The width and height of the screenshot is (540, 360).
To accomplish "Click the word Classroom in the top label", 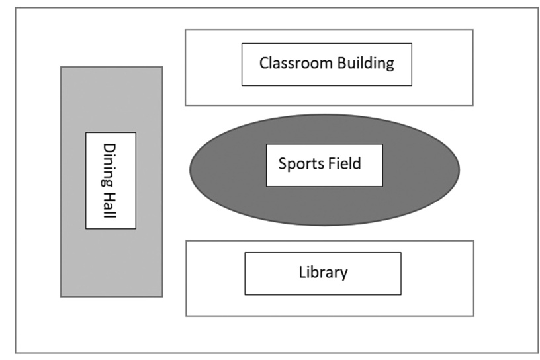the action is coord(287,64).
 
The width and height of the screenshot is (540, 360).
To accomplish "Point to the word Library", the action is coord(323,272).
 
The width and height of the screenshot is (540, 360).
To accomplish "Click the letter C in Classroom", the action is coord(263,64).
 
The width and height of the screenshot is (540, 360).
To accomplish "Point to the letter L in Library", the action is coord(302,272).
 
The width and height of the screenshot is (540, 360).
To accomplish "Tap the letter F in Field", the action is coord(332,163).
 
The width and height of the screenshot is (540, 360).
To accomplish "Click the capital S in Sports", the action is coord(282,163).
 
